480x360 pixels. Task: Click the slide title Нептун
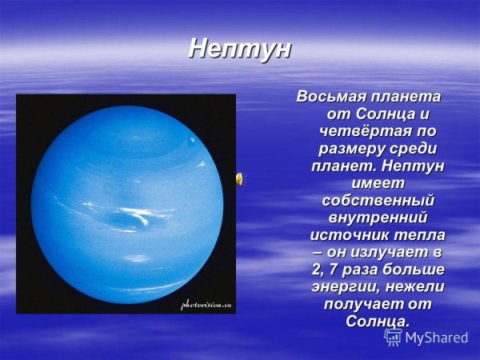coord(240,49)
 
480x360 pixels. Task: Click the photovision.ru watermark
coord(206,305)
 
